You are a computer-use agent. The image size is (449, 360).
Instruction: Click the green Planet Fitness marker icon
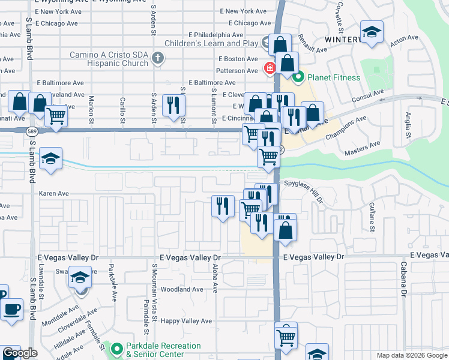[x=298, y=77]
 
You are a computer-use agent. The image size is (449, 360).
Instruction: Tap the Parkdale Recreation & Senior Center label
[x=163, y=350]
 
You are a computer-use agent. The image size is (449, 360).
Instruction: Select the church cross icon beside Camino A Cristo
[x=158, y=58]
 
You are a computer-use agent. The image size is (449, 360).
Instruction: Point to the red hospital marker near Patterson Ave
[x=270, y=68]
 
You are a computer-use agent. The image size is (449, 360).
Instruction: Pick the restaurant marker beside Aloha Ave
[x=223, y=206]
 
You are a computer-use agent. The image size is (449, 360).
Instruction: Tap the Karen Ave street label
[x=54, y=194]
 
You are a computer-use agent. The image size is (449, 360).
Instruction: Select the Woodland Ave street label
[x=182, y=289]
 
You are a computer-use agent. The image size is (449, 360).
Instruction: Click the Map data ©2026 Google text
[x=411, y=355]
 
